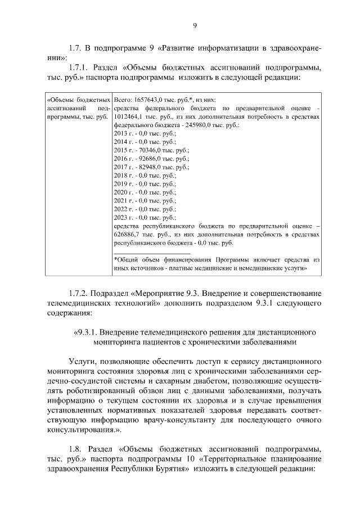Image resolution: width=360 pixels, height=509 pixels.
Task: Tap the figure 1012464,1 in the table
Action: (x=130, y=116)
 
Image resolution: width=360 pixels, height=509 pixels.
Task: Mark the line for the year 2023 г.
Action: (x=145, y=217)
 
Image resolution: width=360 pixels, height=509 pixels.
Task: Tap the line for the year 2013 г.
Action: (x=145, y=133)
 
